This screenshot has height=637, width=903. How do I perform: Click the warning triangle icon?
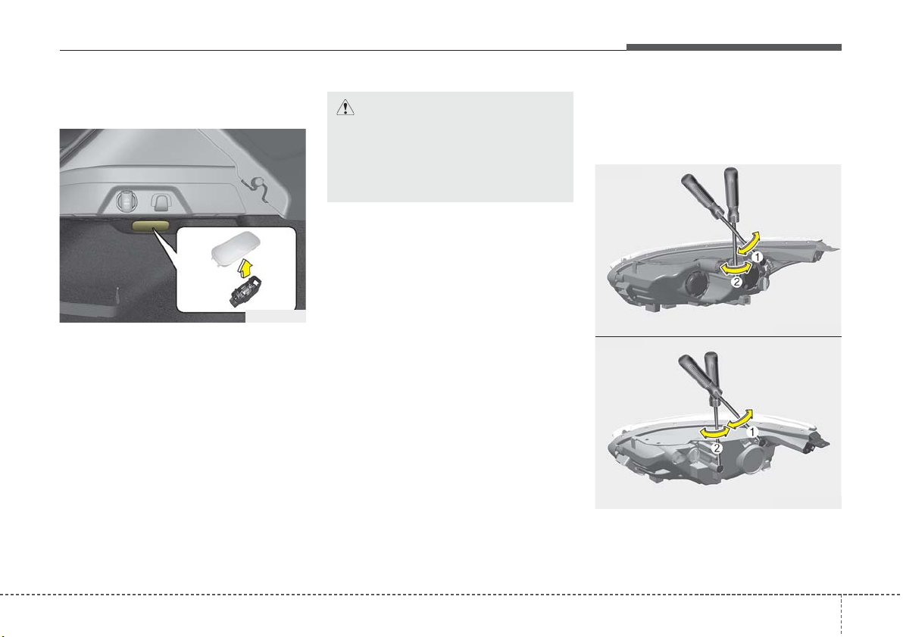[x=345, y=107]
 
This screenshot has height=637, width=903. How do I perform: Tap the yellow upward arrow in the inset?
[x=245, y=268]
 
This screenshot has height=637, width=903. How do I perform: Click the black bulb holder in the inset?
[x=245, y=291]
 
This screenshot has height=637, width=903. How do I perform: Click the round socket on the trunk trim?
[x=126, y=201]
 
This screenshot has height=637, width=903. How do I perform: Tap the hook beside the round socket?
[x=160, y=201]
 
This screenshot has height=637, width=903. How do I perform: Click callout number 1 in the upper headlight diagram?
[x=758, y=257]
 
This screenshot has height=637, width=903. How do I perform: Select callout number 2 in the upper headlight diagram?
[x=736, y=283]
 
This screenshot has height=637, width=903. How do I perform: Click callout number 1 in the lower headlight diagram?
[x=751, y=431]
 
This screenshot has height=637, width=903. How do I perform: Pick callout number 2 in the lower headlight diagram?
[x=717, y=448]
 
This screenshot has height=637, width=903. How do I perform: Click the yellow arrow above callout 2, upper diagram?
[x=738, y=268]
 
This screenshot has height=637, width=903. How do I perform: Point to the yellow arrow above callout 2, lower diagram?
[x=714, y=432]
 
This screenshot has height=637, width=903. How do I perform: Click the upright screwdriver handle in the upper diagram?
[x=731, y=193]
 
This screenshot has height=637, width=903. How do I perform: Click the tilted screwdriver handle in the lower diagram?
[x=697, y=375]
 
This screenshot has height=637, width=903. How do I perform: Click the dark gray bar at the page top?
[x=733, y=47]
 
